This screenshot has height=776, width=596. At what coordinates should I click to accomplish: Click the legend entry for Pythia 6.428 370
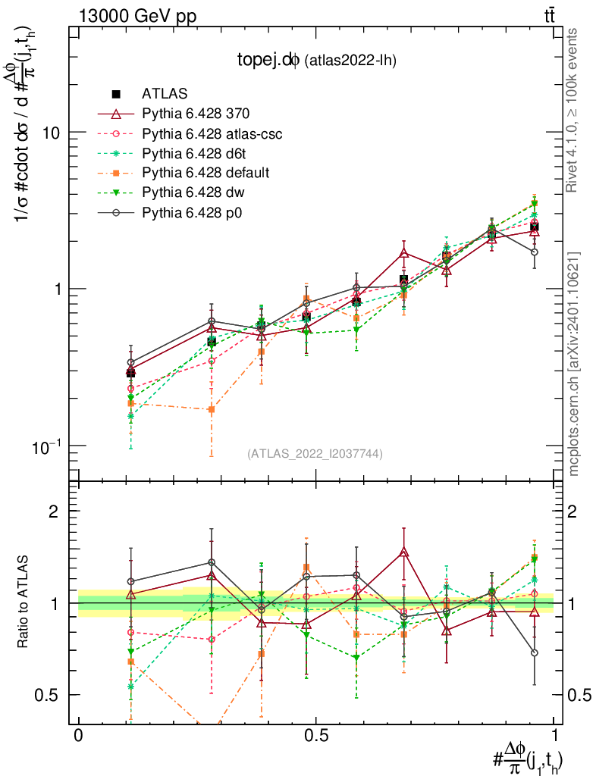pos(196,114)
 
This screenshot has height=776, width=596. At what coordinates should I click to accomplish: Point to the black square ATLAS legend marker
pos(116,94)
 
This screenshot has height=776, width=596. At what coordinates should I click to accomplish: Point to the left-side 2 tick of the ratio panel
pos(54,511)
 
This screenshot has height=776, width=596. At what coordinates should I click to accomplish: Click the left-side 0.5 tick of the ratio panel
pos(48,695)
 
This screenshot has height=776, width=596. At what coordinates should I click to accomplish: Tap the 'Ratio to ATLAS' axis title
pos(24,603)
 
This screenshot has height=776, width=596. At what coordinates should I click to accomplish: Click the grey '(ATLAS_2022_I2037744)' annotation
pos(315,454)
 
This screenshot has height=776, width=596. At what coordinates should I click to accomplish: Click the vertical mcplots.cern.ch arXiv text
pos(573,364)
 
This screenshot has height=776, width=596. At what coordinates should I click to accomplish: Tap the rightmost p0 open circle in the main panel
pos(535,252)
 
